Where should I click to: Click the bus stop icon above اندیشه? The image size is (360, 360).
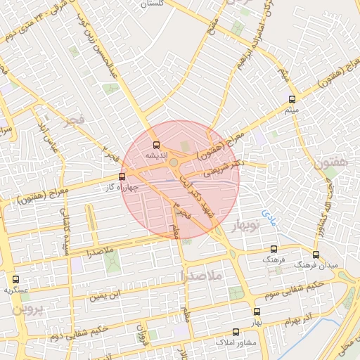[156, 145]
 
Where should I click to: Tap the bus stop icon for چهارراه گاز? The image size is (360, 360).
[122, 177]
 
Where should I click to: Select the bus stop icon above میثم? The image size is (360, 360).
[292, 100]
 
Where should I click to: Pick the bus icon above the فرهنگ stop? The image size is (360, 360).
[274, 249]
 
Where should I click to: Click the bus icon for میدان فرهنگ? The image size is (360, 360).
[315, 255]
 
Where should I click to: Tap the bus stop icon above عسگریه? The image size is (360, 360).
[16, 279]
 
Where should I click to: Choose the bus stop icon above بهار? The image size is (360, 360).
[256, 311]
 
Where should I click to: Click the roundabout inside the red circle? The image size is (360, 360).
[174, 164]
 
